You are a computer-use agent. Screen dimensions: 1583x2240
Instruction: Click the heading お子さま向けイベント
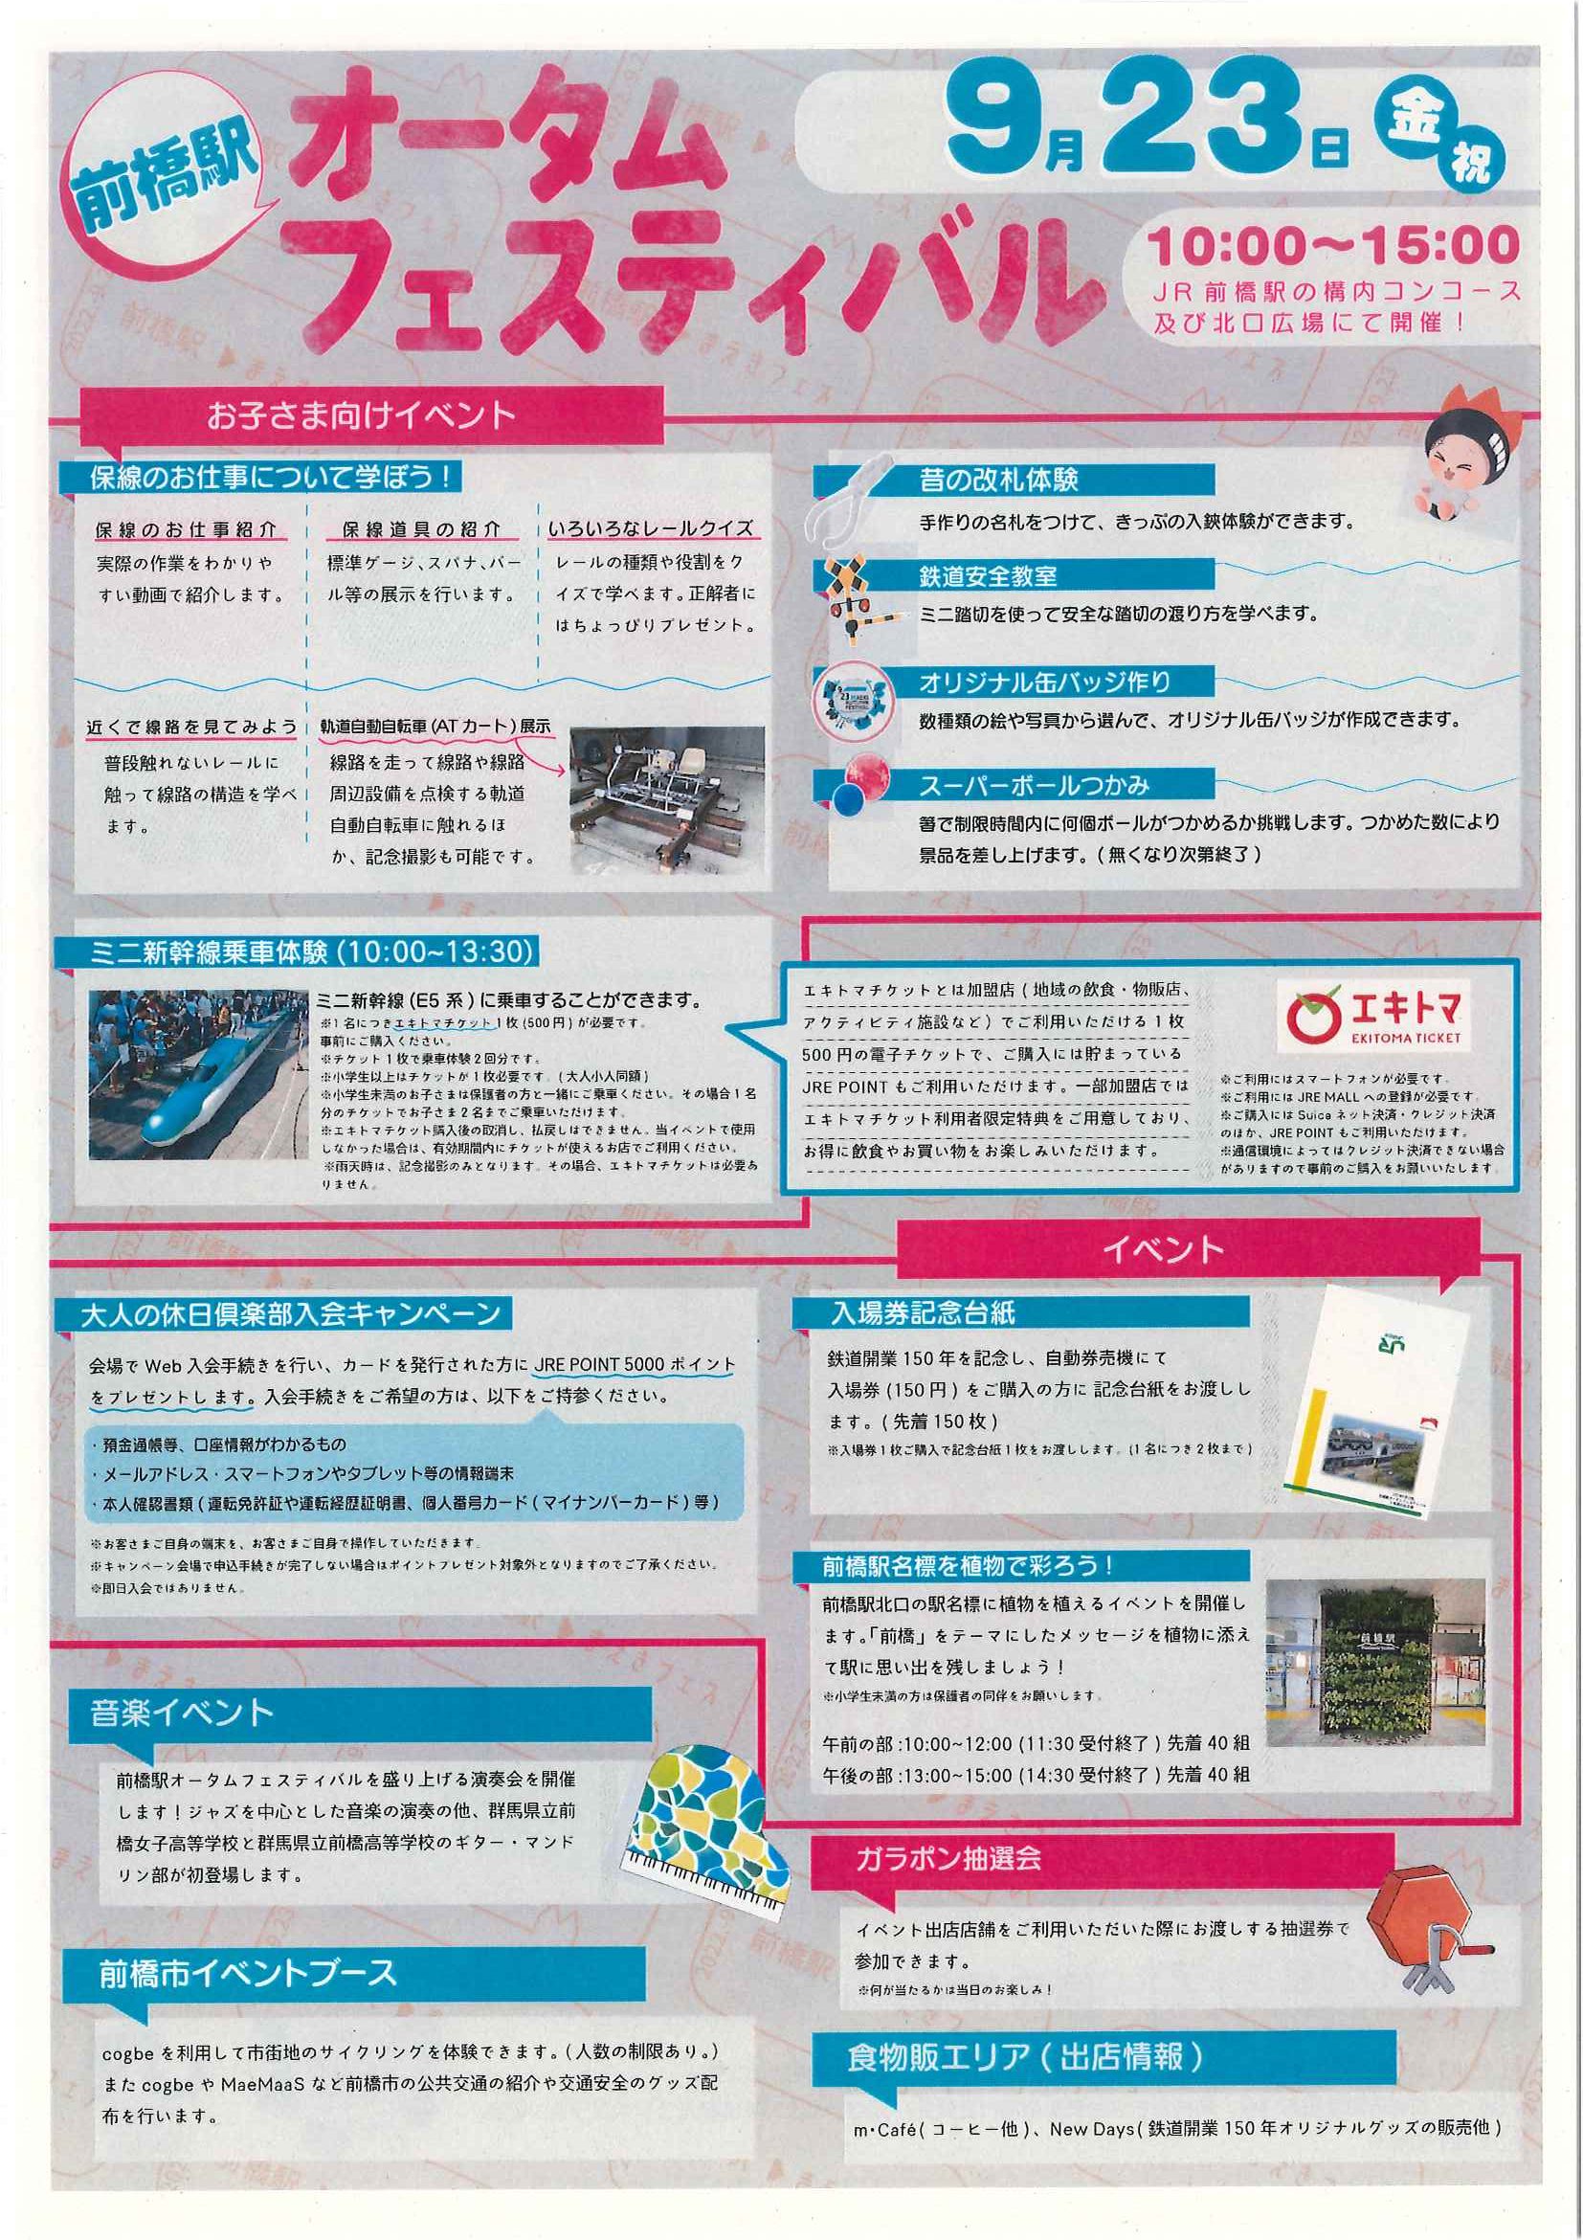click(362, 415)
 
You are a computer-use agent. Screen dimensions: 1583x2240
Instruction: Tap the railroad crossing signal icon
click(849, 601)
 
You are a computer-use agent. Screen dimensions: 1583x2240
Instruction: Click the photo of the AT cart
click(667, 800)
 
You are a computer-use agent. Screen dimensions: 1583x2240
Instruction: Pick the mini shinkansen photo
click(199, 1075)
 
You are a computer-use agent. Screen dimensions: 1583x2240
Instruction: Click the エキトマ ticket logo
click(1376, 1017)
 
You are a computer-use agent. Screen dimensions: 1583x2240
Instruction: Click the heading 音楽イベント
click(182, 1714)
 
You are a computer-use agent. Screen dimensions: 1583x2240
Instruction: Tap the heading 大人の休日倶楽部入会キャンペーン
click(290, 1313)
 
